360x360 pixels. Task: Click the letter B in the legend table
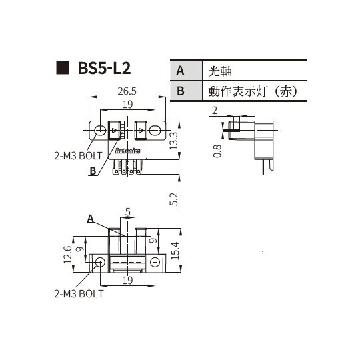[x=181, y=91]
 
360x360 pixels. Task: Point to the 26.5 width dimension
[x=127, y=91]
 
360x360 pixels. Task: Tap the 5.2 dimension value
[x=173, y=198]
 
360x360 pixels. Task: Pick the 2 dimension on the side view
[x=215, y=109]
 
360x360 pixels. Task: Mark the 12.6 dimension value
[x=67, y=254]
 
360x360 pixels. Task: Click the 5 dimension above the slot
[x=127, y=212]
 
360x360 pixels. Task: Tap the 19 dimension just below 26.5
[x=127, y=105]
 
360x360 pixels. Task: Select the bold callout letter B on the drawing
[x=93, y=171]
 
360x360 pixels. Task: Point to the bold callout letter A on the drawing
[x=89, y=218]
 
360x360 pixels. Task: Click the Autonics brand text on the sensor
[x=127, y=153]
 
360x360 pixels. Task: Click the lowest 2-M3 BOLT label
[x=79, y=293]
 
